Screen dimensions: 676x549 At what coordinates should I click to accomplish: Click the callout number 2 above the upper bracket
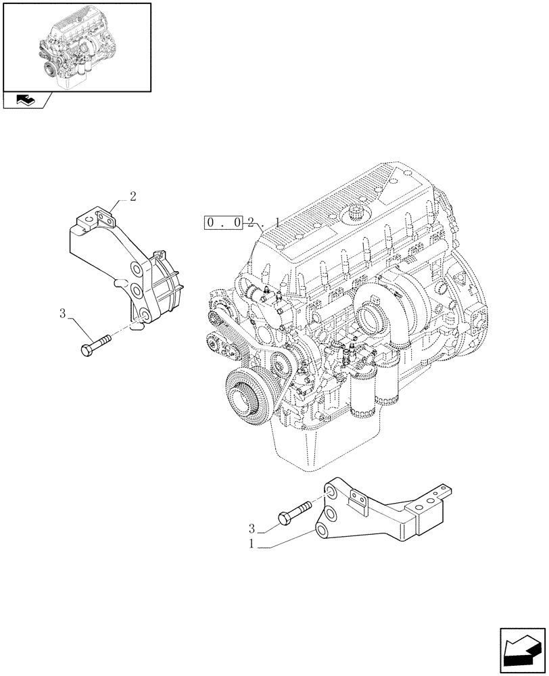point(133,197)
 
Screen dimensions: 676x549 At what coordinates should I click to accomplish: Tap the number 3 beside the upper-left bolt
point(62,314)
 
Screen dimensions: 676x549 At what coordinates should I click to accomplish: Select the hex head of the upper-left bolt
point(86,350)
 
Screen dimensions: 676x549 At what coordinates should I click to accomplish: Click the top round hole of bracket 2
point(136,271)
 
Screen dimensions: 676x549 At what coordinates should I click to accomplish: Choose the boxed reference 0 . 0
point(224,222)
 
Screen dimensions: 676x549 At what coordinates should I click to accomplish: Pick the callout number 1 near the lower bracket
point(252,544)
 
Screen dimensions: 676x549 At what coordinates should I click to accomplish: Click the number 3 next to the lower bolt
point(252,528)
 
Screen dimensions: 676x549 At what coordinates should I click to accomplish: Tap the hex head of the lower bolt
point(284,518)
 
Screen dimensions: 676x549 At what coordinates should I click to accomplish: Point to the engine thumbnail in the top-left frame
point(76,46)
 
